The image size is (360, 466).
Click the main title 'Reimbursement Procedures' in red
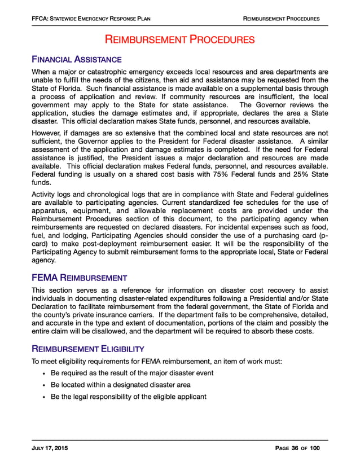click(x=180, y=39)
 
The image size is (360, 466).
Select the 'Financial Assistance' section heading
click(x=76, y=59)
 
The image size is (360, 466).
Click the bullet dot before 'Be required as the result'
click(x=45, y=373)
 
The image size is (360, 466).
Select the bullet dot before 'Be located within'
click(x=45, y=385)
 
